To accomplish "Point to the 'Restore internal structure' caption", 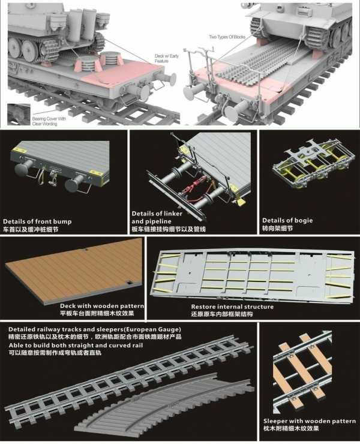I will (x=232, y=307).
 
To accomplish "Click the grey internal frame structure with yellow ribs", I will (x=252, y=273).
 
